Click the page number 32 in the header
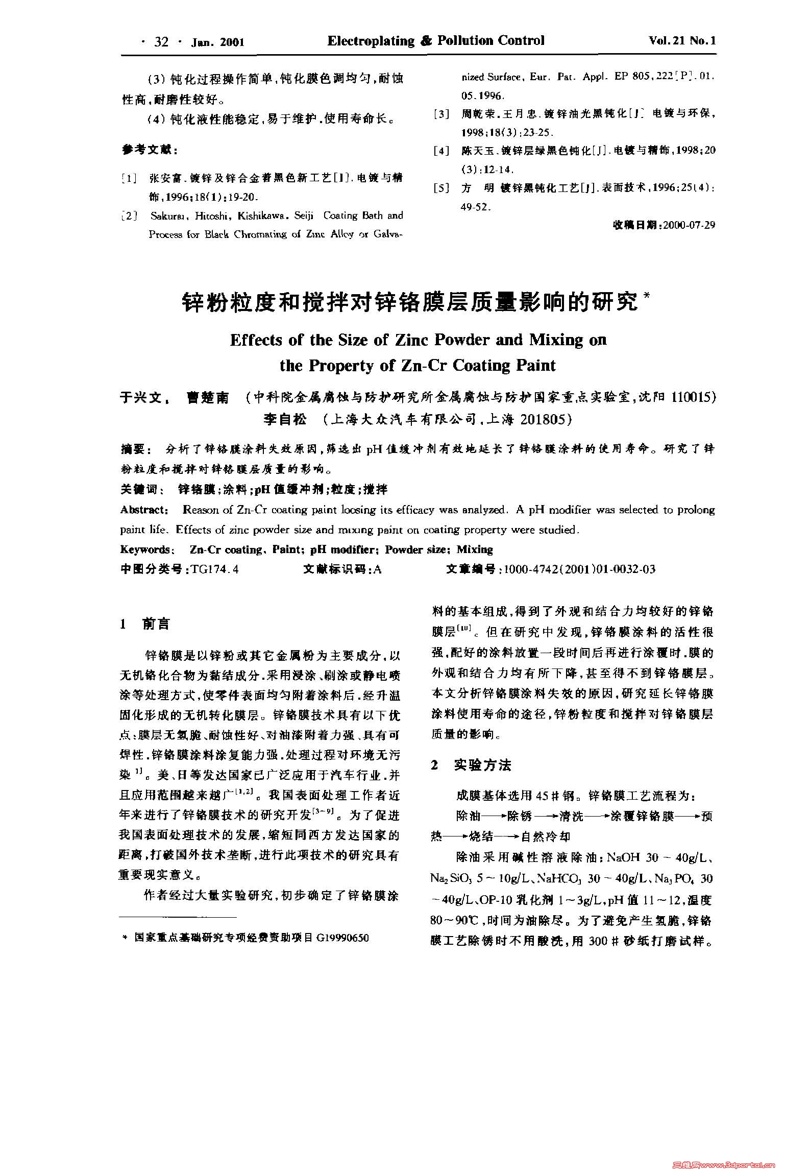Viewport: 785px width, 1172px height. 161,42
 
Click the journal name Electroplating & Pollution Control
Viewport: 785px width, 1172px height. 436,41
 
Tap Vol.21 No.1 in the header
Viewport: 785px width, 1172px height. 682,41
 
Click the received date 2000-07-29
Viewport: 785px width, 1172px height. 689,225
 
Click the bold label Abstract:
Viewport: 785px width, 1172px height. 144,510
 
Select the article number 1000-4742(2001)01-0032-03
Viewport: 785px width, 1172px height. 579,569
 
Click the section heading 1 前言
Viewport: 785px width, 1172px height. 145,624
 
